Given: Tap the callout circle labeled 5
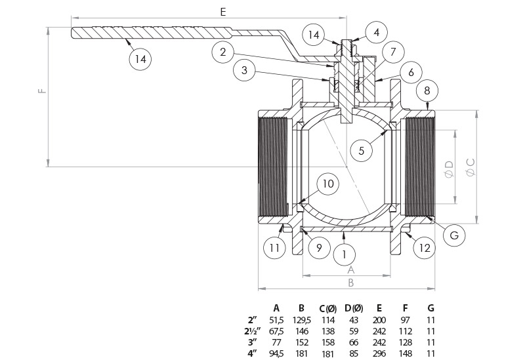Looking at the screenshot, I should [361, 150].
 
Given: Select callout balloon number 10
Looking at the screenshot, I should [329, 184].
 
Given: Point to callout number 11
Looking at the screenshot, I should [274, 248].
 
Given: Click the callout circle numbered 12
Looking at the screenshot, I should [425, 247].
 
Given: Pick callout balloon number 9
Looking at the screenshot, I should [318, 248].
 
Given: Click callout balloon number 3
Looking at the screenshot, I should [243, 70].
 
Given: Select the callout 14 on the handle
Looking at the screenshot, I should [140, 58].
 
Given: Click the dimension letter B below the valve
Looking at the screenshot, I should [350, 283].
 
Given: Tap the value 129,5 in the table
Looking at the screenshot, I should [301, 319].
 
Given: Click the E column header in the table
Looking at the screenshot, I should [380, 308].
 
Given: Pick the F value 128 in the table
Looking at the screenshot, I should [406, 342].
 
